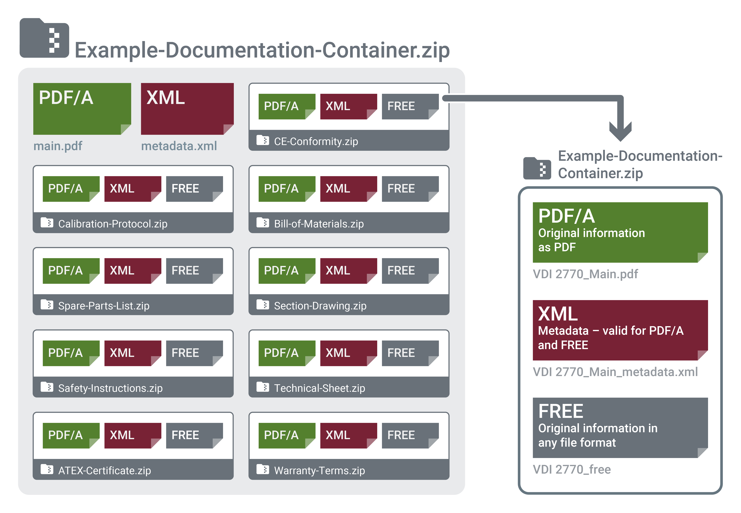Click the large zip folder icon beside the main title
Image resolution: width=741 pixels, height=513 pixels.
coord(44,38)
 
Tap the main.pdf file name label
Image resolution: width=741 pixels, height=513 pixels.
coord(58,146)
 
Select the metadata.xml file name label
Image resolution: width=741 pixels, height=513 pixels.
coord(179,146)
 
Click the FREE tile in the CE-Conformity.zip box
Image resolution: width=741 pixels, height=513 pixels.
coord(410,106)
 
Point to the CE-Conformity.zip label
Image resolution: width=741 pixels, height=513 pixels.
coord(316,141)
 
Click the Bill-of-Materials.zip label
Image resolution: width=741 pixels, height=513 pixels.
coord(319,224)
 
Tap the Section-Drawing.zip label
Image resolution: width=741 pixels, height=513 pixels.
coord(320,306)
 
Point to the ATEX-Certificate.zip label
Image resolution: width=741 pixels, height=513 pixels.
coord(104,471)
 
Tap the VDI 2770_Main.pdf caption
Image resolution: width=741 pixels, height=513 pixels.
coord(585,274)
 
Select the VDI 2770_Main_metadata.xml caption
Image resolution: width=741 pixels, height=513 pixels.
coord(615,372)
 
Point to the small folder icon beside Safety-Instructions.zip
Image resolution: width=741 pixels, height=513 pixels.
coord(47,387)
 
